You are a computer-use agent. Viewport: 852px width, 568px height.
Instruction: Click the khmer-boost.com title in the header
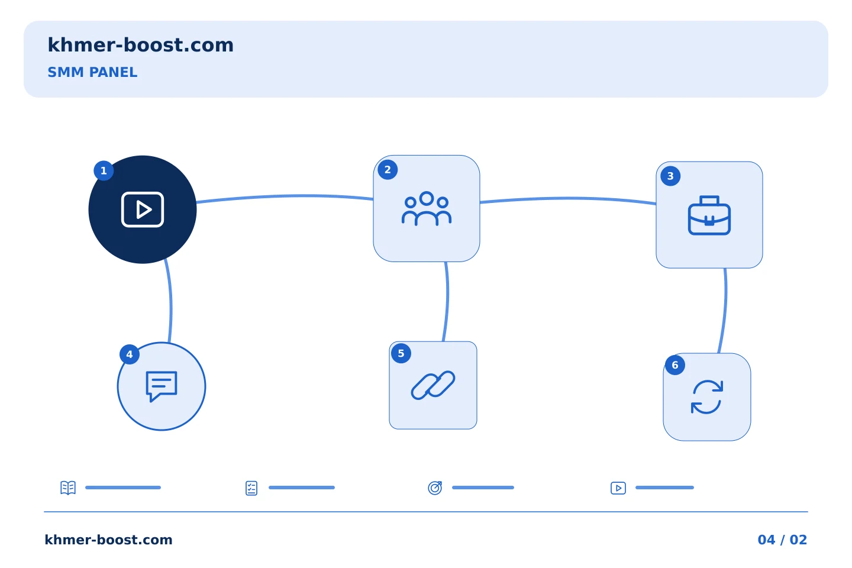(140, 45)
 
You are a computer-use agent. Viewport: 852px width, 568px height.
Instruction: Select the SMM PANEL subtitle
(92, 72)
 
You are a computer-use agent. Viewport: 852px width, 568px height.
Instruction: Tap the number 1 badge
(104, 170)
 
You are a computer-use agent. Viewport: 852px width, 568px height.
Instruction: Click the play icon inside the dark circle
(143, 209)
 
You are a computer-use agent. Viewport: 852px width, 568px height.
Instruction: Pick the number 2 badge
(388, 170)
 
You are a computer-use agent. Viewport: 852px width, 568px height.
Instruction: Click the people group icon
(427, 208)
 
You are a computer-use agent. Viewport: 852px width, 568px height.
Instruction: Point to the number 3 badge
(670, 176)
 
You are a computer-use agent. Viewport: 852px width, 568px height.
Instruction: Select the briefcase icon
(709, 215)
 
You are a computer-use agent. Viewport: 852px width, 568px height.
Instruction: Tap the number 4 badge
(130, 354)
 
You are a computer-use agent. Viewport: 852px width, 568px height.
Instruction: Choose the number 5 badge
(401, 353)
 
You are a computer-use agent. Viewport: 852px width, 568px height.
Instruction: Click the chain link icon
(433, 385)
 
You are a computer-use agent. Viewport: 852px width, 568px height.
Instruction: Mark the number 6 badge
(675, 365)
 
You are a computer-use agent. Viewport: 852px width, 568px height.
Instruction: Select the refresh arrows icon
(706, 397)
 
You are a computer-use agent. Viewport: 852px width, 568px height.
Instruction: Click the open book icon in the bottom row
(68, 488)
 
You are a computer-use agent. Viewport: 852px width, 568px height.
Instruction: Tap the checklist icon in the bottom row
(251, 488)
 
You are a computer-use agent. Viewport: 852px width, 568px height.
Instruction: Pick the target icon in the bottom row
(435, 488)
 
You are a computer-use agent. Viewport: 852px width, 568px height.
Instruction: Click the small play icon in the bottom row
(618, 488)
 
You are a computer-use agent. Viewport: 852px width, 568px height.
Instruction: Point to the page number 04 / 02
(782, 540)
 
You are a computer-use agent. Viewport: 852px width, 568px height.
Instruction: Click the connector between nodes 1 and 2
(285, 196)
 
